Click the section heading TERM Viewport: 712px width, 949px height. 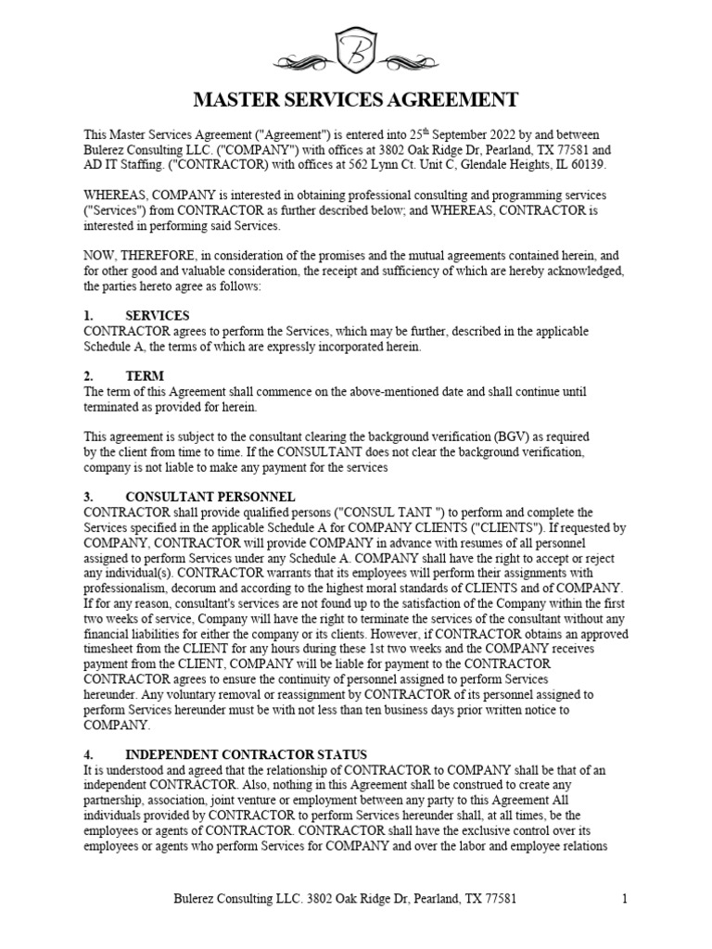click(x=145, y=376)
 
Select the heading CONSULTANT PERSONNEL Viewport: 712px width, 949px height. click(x=210, y=497)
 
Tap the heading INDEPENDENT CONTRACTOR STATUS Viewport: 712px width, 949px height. click(x=247, y=754)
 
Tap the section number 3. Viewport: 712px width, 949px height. click(x=87, y=497)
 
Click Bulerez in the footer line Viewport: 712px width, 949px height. click(x=198, y=898)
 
